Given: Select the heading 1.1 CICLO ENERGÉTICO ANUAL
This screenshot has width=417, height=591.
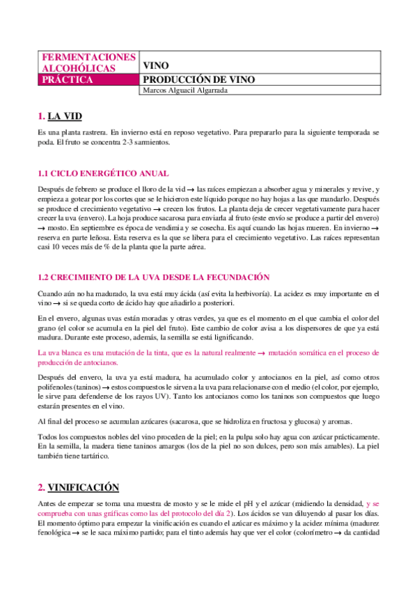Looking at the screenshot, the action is pyautogui.click(x=102, y=174).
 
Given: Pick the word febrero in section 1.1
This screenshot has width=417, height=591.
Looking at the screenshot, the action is pyautogui.click(x=89, y=190).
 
